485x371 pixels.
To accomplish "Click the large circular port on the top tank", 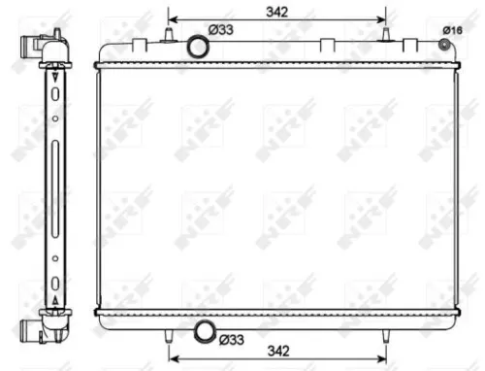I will [199, 46].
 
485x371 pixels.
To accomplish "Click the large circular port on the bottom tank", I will [205, 332].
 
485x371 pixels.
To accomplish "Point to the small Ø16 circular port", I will [446, 46].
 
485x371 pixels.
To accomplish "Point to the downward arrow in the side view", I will [55, 78].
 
